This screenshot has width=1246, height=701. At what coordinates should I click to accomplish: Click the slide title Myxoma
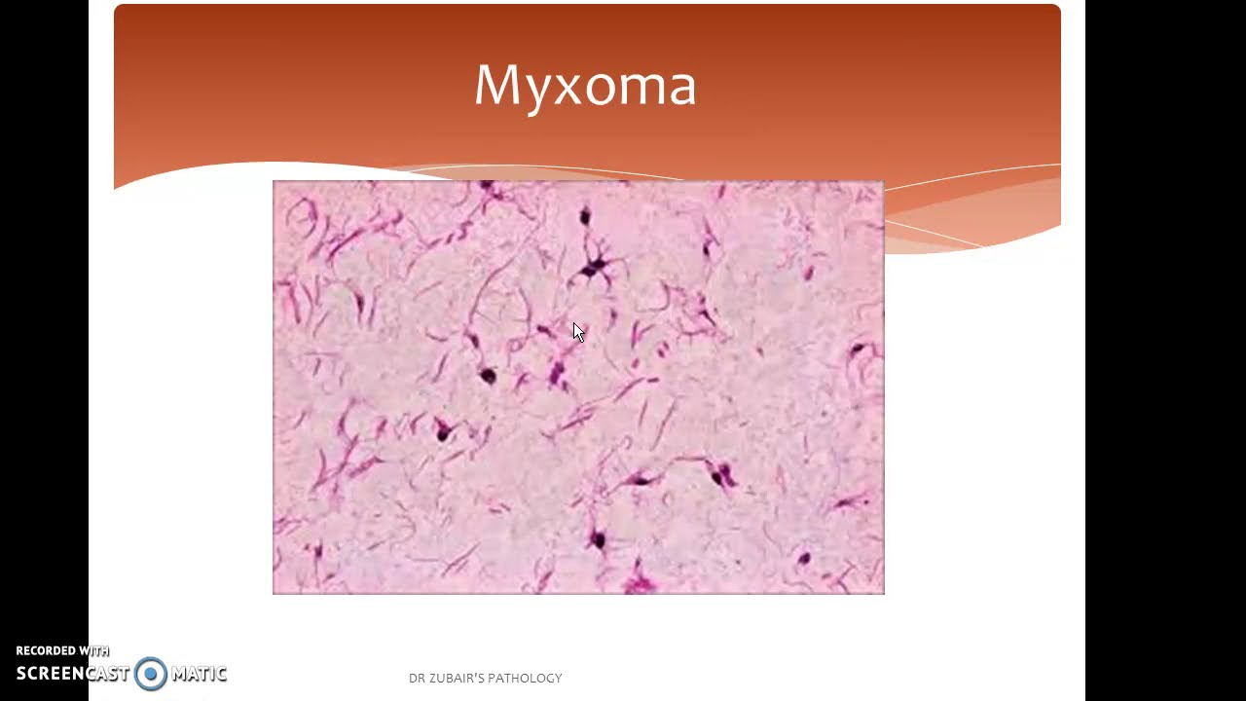pos(585,85)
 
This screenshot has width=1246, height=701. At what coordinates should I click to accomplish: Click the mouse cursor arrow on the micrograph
pos(578,332)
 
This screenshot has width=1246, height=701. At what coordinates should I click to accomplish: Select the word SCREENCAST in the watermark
pos(73,673)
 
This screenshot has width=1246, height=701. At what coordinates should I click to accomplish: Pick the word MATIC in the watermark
pos(199,673)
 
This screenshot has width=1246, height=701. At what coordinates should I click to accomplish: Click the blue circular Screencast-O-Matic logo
pos(151,673)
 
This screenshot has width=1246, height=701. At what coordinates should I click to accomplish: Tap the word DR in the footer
pos(418,678)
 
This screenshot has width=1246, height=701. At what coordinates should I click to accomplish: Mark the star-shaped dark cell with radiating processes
pos(592,266)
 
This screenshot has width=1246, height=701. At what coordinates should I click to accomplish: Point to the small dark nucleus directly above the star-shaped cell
pos(585,216)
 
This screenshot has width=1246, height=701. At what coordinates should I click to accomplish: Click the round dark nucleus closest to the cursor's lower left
pos(488,375)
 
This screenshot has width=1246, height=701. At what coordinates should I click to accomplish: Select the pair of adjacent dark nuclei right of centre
pos(721,476)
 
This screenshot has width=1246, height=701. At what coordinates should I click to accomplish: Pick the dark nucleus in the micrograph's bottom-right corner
pos(804,559)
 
